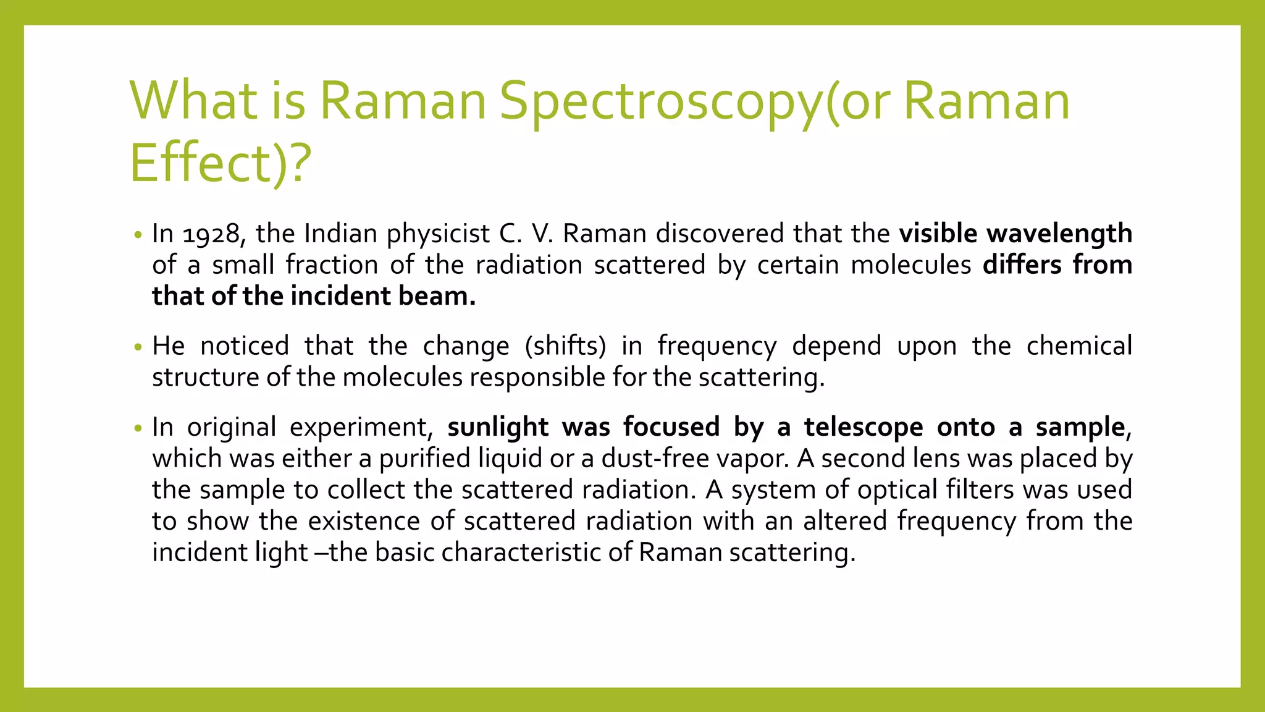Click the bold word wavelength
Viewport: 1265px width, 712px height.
coord(1059,234)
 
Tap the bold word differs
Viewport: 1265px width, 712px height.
coord(1022,265)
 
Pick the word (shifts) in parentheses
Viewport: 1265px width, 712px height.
coord(565,346)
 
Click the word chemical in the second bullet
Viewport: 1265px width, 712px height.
coord(1079,346)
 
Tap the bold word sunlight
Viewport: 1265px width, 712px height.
coord(498,428)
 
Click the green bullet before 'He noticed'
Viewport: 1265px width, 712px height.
coord(138,347)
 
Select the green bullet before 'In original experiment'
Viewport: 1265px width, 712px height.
coord(138,428)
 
